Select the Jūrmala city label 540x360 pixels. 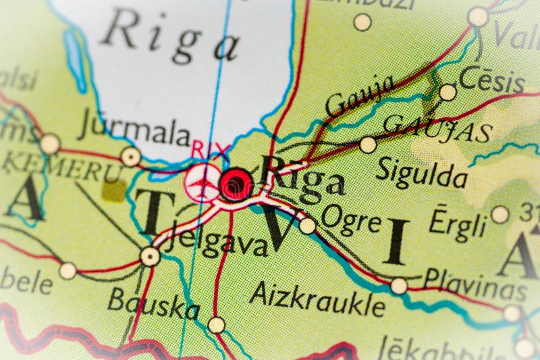pos(134,130)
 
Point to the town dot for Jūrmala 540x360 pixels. pos(130,157)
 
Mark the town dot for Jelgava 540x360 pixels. pos(150,256)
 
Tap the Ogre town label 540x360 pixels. pos(351,220)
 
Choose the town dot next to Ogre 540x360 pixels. pos(308,226)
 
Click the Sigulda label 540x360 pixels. pos(421,173)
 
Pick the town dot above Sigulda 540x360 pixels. pos(368,145)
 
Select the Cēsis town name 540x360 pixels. pos(491,80)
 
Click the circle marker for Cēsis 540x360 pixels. pos(448,93)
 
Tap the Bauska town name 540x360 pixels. pos(153,303)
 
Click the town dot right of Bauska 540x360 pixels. pos(216,325)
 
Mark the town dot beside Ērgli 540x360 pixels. pos(500,215)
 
